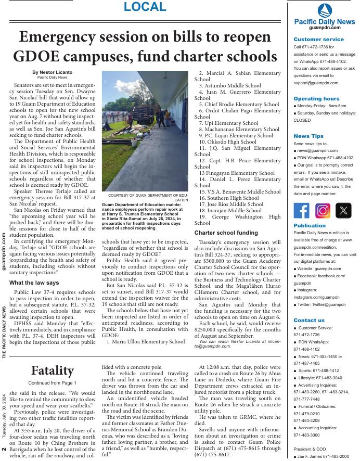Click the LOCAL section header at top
(x=145, y=7)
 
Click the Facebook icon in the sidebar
(x=302, y=211)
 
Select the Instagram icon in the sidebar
(x=323, y=211)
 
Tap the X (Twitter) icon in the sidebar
(x=343, y=211)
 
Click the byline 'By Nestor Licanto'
(x=52, y=72)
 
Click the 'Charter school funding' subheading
(x=226, y=233)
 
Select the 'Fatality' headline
(x=52, y=370)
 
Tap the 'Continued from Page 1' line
(x=52, y=383)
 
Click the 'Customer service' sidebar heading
(x=318, y=39)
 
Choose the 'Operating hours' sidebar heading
(x=316, y=98)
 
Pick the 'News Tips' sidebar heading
(x=308, y=136)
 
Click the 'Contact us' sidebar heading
(x=309, y=320)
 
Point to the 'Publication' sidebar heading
(x=310, y=226)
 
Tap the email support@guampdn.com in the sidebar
(x=316, y=83)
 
